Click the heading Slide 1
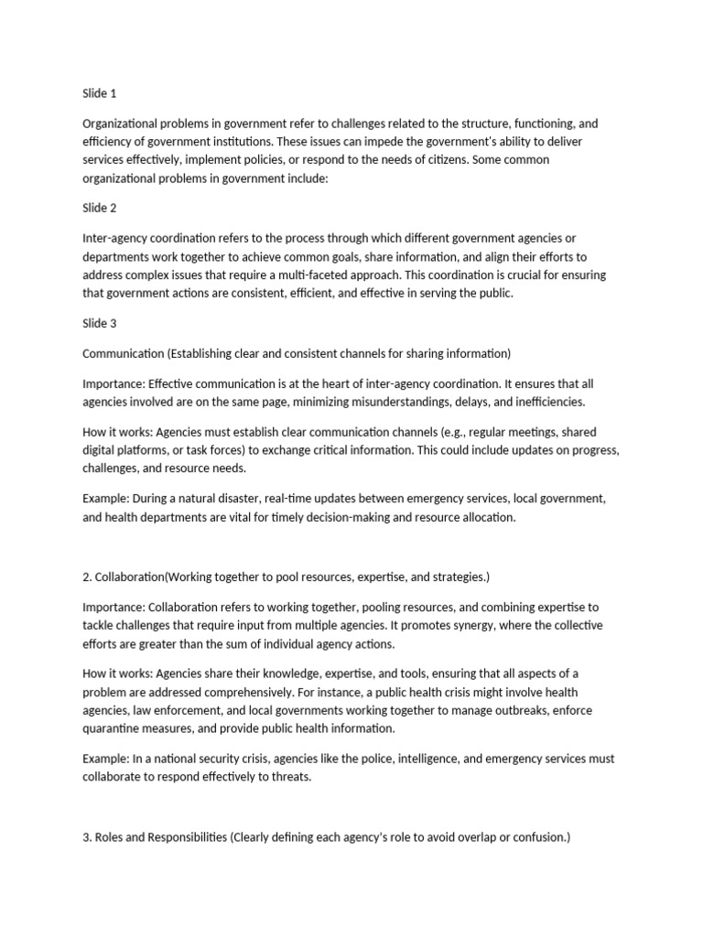pos(100,93)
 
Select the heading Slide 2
pos(100,209)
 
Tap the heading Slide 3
pos(100,323)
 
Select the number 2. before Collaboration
pos(87,576)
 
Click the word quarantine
pos(113,728)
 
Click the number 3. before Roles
pos(87,836)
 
